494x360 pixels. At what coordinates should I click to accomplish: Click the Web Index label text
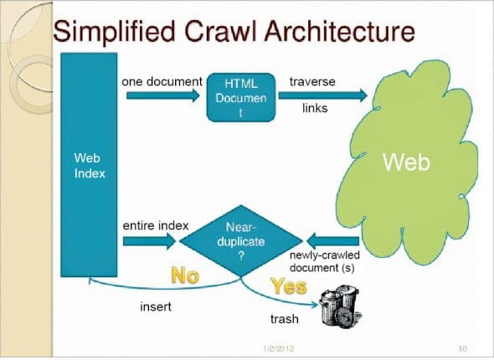coord(87,164)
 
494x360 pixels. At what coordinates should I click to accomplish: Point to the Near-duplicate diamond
coord(235,241)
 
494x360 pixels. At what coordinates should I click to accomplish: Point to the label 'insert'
coord(155,307)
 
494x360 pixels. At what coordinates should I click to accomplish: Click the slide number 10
coord(461,347)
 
